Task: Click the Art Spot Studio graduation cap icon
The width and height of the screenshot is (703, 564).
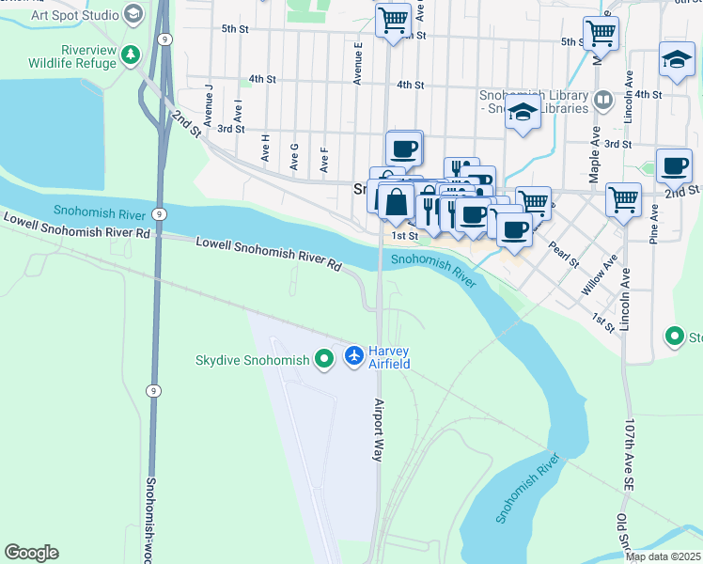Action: coord(133,14)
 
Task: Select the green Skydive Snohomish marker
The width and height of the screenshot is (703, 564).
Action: coord(324,358)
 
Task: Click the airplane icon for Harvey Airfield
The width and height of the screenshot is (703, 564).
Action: coord(354,355)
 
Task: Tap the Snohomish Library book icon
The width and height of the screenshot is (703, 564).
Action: coord(601,99)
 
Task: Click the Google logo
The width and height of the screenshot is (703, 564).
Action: coord(31,553)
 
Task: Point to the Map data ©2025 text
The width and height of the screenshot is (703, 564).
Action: coord(663,556)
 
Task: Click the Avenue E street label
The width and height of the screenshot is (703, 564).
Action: coord(358,63)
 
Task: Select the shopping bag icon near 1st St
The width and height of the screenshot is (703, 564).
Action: coord(397,201)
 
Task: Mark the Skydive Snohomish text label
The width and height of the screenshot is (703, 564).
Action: coord(252,360)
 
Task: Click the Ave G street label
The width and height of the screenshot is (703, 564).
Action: coord(294,156)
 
